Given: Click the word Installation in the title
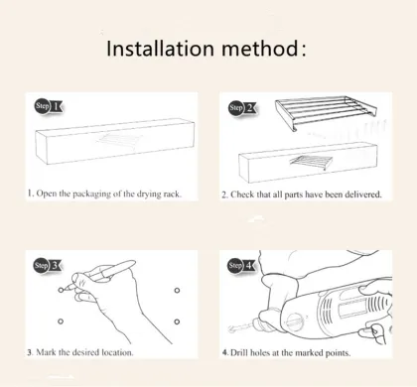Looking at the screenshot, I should pyautogui.click(x=162, y=49).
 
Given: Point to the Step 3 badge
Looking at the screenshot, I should pyautogui.click(x=46, y=265).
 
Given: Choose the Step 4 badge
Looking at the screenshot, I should pyautogui.click(x=240, y=265).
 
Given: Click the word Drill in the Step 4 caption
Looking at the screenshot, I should pyautogui.click(x=242, y=352).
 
